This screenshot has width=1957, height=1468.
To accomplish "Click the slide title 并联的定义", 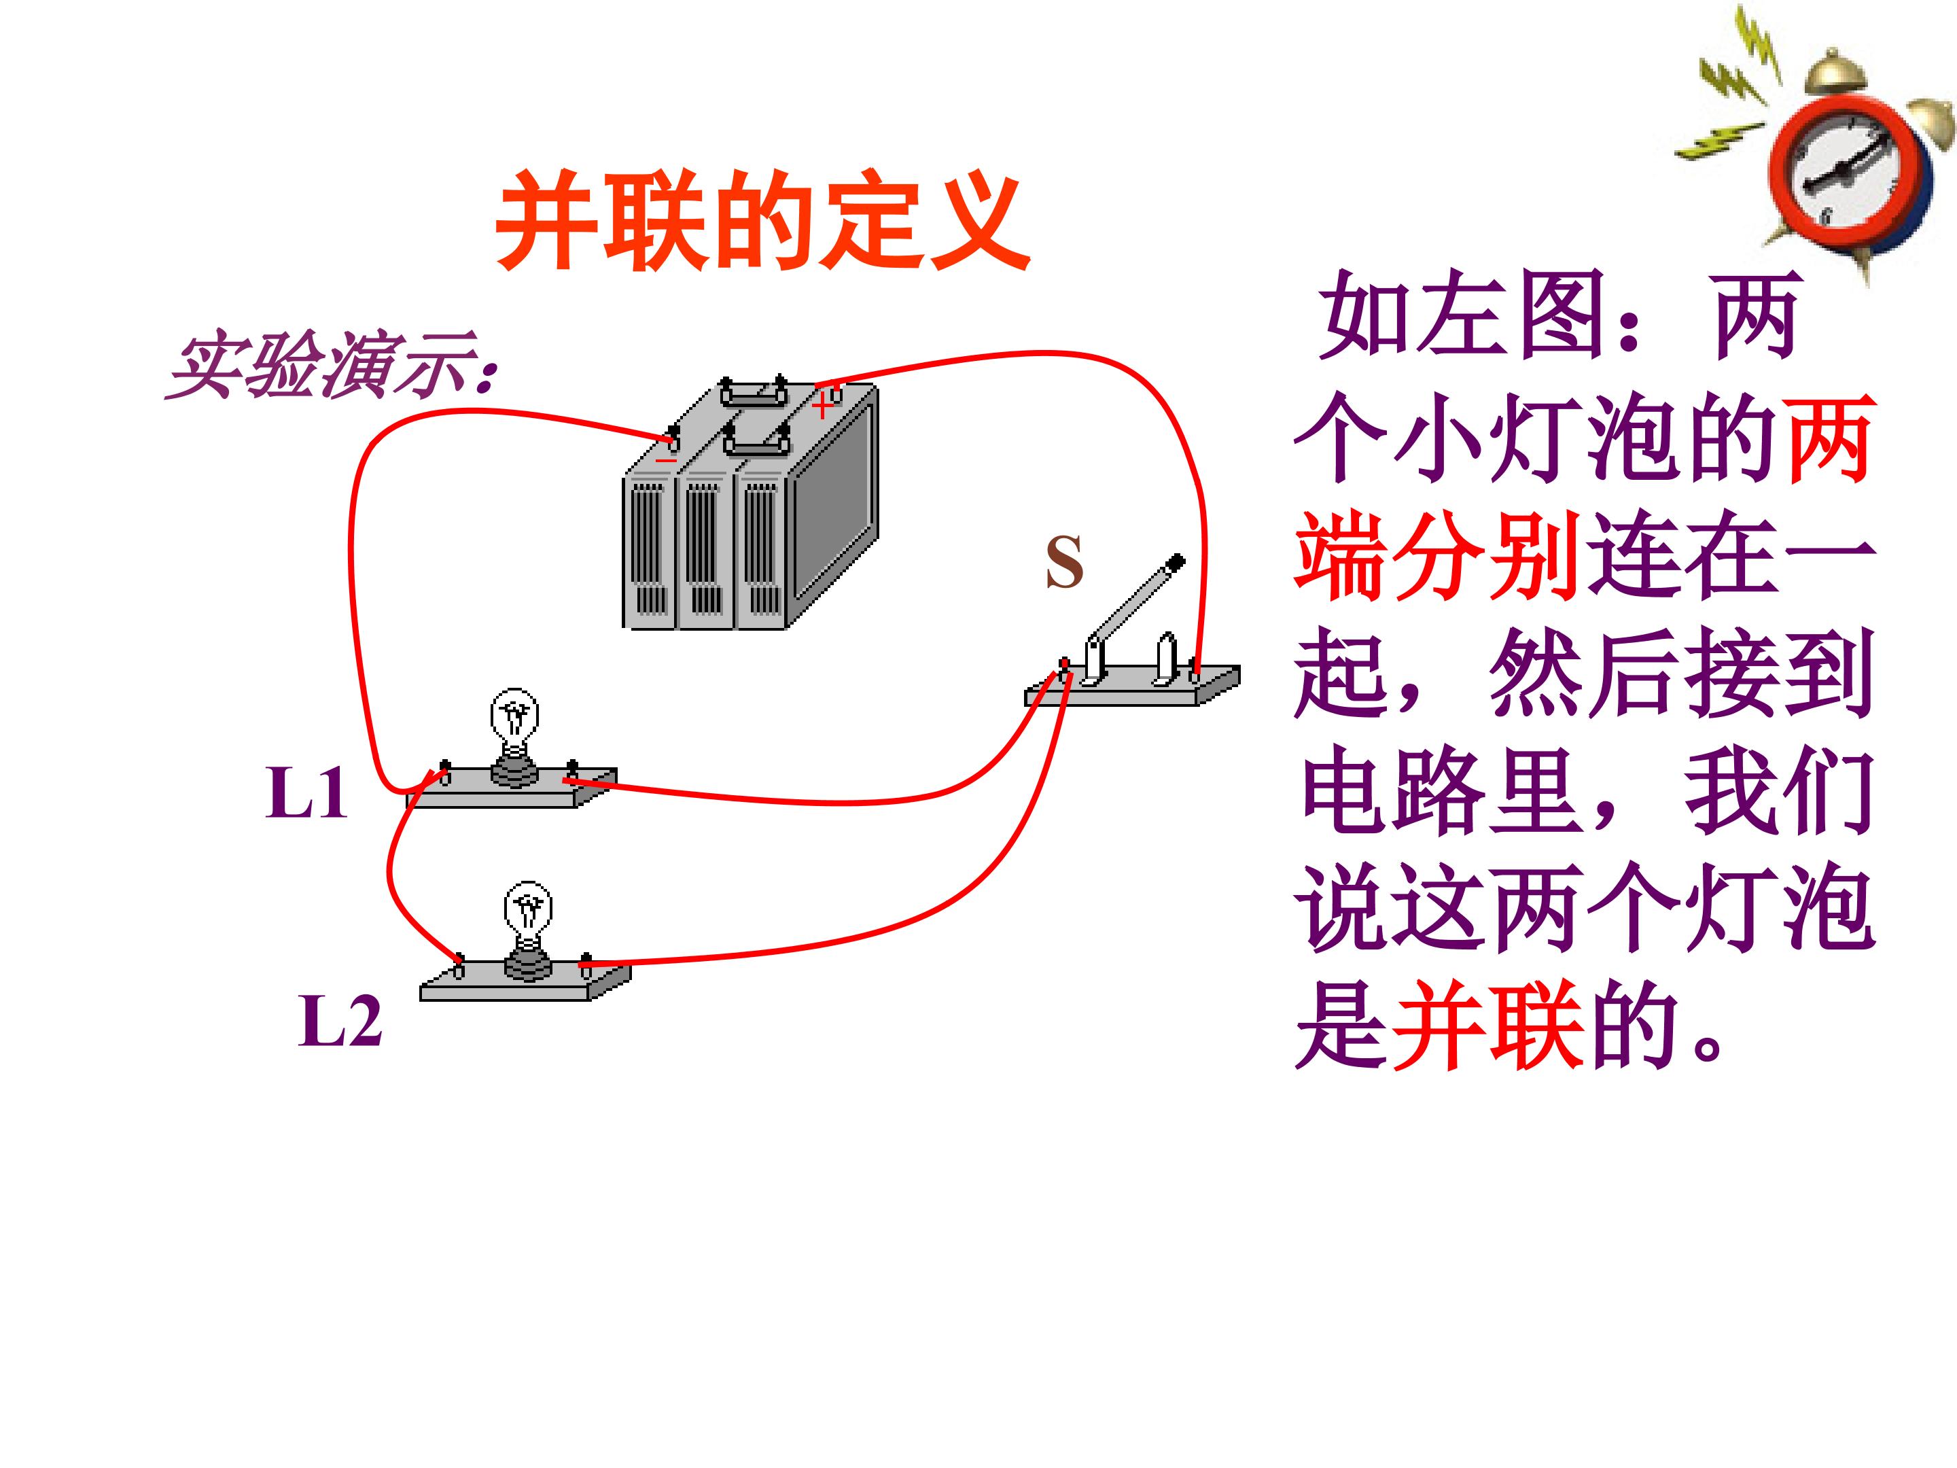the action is pyautogui.click(x=762, y=220).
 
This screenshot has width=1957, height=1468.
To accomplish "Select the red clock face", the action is pyautogui.click(x=1852, y=173).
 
